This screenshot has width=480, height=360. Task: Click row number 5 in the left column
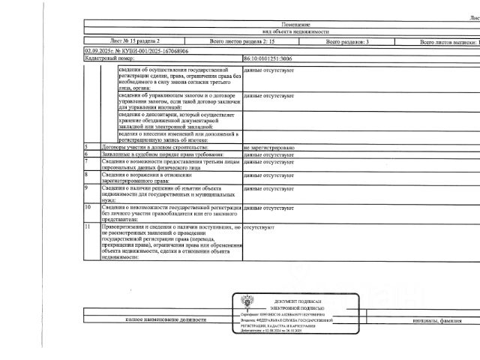(x=87, y=147)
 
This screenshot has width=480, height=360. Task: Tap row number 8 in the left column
(x=87, y=173)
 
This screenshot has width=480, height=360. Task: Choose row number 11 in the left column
(x=88, y=225)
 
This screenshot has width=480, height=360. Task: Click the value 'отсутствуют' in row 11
(x=259, y=225)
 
